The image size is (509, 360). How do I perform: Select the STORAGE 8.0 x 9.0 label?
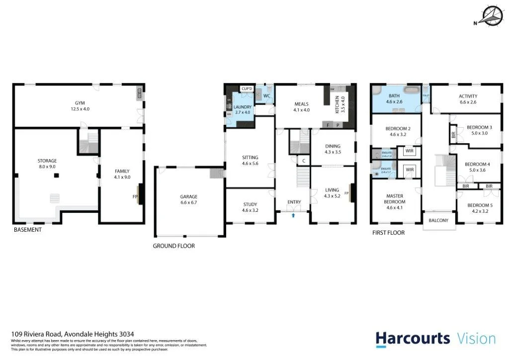[x=47, y=164]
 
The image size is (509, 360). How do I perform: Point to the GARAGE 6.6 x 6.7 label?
[x=188, y=199]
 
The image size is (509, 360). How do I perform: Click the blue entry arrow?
[x=294, y=215]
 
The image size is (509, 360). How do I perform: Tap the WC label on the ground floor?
[x=266, y=95]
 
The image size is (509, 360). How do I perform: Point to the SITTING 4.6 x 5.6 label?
[x=250, y=161]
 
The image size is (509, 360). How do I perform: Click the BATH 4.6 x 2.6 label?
[x=394, y=98]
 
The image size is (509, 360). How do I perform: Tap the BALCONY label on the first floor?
[x=438, y=221]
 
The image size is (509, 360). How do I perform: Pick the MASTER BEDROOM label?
[x=394, y=199]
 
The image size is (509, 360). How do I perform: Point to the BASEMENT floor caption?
[x=28, y=230]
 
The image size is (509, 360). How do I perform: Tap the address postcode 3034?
[x=126, y=335]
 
